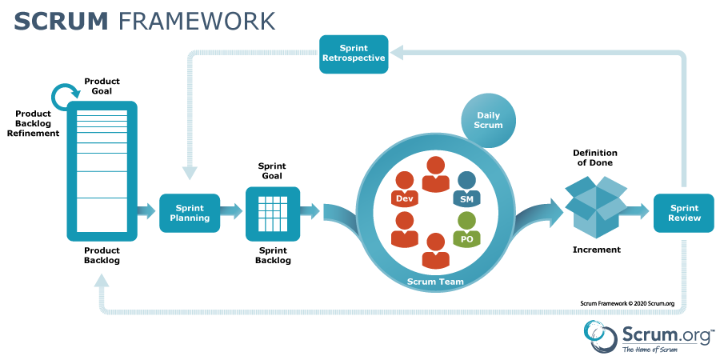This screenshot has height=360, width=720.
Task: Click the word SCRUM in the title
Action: (x=61, y=21)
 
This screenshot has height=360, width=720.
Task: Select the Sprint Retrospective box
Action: (x=354, y=54)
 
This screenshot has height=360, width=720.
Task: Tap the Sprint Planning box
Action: (x=190, y=212)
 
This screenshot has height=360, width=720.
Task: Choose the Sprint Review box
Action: (x=684, y=212)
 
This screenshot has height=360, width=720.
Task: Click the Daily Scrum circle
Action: (x=489, y=121)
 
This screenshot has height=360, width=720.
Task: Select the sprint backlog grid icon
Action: (x=273, y=213)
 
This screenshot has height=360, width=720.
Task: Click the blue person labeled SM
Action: (x=466, y=189)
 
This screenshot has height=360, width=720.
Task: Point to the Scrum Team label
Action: (x=435, y=282)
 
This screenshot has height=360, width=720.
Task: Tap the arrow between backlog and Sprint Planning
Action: (x=146, y=212)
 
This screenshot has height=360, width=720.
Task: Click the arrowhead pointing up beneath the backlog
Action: (x=102, y=280)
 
